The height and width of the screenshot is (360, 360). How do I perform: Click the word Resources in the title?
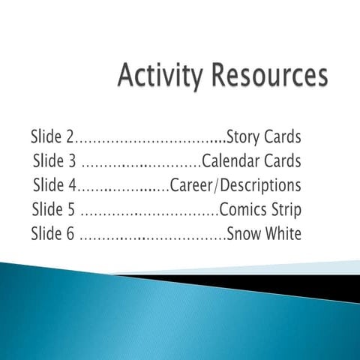coord(268,78)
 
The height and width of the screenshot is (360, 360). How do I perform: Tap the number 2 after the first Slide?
coord(71,137)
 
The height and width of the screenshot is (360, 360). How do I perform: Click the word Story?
coord(243,137)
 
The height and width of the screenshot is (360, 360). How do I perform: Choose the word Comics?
coord(242,209)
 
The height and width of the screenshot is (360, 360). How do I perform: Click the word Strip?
coord(286,209)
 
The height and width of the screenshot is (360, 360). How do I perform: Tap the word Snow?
coord(244,233)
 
